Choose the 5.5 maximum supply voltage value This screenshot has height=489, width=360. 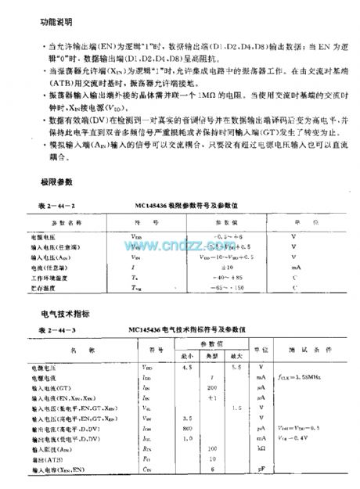[238, 366]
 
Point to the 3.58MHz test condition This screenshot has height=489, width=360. [301, 377]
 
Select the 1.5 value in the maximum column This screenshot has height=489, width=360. [238, 408]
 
